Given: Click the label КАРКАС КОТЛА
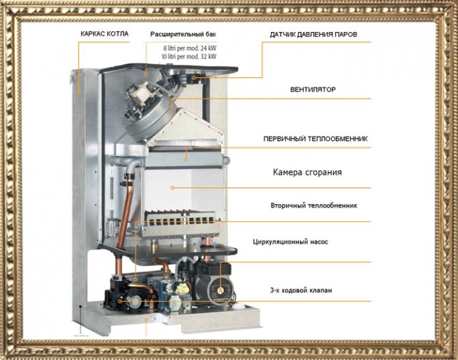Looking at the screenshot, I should (104, 33).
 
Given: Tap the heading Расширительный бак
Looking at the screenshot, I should (182, 33).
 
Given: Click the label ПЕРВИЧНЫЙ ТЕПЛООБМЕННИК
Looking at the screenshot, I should (315, 139).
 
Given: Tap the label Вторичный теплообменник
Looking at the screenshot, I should (314, 205).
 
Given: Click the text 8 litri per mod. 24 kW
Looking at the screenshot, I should (189, 48).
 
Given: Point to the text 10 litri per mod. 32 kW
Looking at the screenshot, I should (188, 57).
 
